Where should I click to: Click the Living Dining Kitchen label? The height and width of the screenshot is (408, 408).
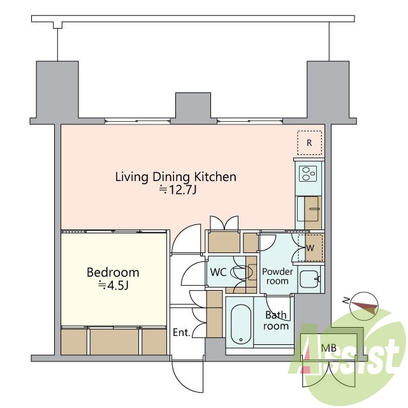pyautogui.click(x=176, y=177)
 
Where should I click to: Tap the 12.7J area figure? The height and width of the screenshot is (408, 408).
pyautogui.click(x=178, y=190)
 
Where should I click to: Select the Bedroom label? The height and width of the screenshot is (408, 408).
pyautogui.click(x=113, y=272)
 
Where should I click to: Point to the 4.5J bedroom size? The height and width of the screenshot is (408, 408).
pyautogui.click(x=113, y=286)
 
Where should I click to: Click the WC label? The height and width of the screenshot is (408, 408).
pyautogui.click(x=218, y=272)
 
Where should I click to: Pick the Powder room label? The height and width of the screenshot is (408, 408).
pyautogui.click(x=277, y=276)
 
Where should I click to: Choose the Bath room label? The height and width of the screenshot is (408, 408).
pyautogui.click(x=276, y=320)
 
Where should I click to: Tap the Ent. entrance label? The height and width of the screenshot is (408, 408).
pyautogui.click(x=182, y=332)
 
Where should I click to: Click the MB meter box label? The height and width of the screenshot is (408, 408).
pyautogui.click(x=329, y=348)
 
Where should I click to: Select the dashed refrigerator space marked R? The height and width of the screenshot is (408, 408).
pyautogui.click(x=309, y=143)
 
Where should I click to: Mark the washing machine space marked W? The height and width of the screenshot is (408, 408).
pyautogui.click(x=310, y=248)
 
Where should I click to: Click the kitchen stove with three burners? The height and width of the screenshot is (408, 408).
pyautogui.click(x=308, y=173)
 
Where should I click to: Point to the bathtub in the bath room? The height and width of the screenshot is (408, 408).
pyautogui.click(x=241, y=324)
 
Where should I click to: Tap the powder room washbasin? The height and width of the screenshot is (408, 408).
pyautogui.click(x=309, y=279)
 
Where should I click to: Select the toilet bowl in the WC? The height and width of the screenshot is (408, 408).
pyautogui.click(x=242, y=272)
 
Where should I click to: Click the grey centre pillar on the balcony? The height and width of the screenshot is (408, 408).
pyautogui.click(x=193, y=108)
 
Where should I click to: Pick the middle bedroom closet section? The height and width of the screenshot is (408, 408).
pyautogui.click(x=115, y=342)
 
